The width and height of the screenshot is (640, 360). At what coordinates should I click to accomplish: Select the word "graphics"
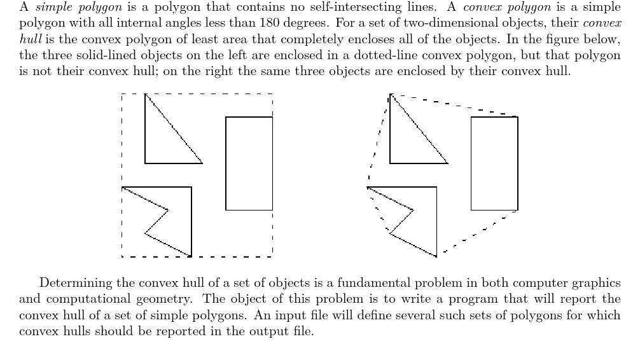pyautogui.click(x=599, y=283)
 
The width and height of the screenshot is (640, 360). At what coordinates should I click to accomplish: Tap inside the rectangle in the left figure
pyautogui.click(x=249, y=163)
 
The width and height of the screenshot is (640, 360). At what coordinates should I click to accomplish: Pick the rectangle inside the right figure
pyautogui.click(x=494, y=163)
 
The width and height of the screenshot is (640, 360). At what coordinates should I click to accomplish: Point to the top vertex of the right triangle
pyautogui.click(x=390, y=94)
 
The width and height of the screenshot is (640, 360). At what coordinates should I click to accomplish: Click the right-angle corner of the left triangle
pyautogui.click(x=145, y=163)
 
